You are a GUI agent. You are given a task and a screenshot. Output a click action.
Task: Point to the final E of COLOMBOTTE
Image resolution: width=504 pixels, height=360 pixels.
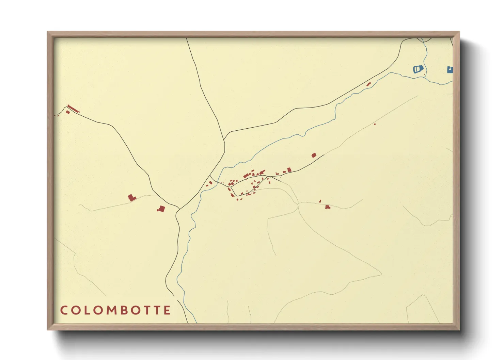point(167,310)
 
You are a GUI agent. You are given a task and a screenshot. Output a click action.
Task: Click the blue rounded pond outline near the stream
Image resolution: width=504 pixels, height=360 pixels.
point(418,69)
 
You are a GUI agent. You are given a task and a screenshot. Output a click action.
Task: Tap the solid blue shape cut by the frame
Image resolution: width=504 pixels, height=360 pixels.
point(450,70)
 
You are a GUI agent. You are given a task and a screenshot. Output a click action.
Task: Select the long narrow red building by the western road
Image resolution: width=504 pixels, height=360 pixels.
point(73,109)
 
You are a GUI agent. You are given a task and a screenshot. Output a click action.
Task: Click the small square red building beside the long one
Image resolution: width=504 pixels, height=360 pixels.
point(68,112)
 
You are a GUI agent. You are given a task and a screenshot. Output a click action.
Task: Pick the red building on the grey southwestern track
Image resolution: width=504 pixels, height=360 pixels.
point(131,198)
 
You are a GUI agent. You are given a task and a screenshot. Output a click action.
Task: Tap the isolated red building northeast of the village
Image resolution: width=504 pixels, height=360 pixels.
point(314,155)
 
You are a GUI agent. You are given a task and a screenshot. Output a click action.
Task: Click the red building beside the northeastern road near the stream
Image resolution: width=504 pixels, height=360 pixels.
point(368,84)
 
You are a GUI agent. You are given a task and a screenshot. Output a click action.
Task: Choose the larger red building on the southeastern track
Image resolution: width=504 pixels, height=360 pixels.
point(328,207)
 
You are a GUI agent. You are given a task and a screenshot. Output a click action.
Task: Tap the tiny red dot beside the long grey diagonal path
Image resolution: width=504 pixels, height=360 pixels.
point(375,124)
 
